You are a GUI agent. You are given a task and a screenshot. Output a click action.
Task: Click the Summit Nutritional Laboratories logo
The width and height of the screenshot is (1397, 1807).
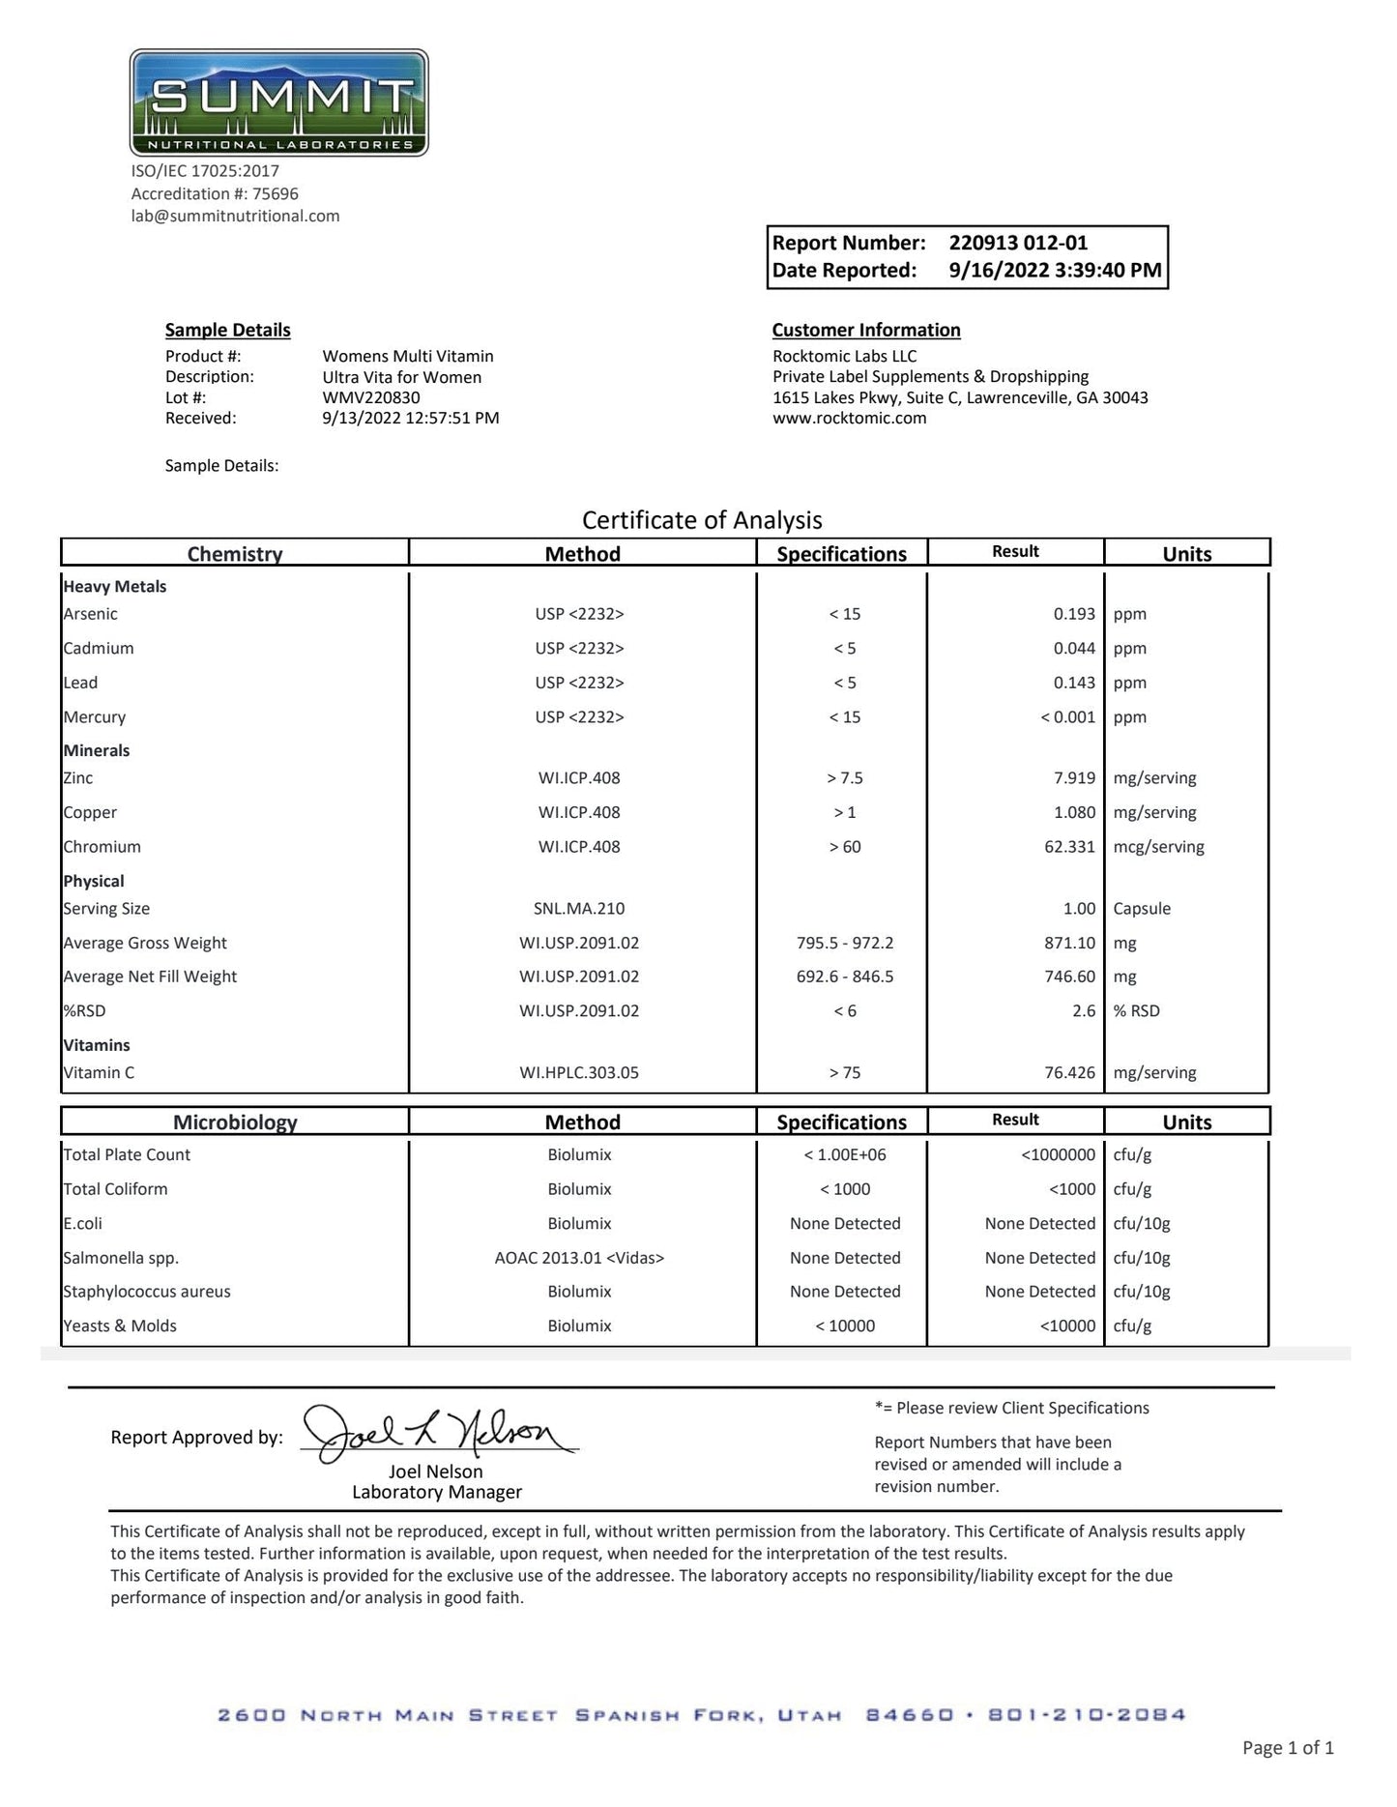click(278, 102)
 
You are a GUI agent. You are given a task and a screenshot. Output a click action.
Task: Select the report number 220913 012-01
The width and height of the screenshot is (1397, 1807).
click(1018, 244)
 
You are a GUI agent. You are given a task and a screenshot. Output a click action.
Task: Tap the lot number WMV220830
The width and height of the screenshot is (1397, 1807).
click(371, 397)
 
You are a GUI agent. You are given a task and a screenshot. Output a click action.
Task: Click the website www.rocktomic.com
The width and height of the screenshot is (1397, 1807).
click(849, 419)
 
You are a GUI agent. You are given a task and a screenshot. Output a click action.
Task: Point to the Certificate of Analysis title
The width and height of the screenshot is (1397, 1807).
click(702, 520)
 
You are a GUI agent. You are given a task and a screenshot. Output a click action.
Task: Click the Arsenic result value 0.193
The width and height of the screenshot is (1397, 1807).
click(1074, 614)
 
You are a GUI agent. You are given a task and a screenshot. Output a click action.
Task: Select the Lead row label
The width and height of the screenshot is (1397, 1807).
click(80, 683)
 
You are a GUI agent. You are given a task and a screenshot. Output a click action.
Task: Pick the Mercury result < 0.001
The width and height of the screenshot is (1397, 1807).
click(1067, 717)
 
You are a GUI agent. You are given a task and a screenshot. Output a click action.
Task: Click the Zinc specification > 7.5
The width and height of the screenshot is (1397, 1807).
click(845, 778)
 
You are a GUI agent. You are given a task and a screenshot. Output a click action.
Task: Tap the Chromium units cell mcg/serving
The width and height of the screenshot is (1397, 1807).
click(1158, 847)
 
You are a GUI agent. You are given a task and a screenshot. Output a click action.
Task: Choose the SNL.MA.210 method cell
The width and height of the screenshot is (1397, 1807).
click(579, 909)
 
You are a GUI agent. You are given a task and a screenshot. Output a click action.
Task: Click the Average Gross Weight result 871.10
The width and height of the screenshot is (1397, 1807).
click(1069, 943)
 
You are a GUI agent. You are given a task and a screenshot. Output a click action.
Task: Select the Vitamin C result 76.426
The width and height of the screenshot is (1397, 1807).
click(1069, 1072)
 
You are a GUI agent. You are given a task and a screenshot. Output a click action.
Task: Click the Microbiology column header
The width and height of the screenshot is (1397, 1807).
click(235, 1122)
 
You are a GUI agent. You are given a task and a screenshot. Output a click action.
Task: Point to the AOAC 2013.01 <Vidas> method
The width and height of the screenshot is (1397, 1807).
click(579, 1258)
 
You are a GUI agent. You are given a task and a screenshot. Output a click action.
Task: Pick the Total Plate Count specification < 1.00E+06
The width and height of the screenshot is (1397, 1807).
click(845, 1154)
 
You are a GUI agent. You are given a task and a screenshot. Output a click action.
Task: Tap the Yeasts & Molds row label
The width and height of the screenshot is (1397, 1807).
click(120, 1326)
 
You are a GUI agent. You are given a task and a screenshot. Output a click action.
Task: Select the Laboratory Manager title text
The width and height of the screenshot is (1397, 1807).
click(437, 1492)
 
